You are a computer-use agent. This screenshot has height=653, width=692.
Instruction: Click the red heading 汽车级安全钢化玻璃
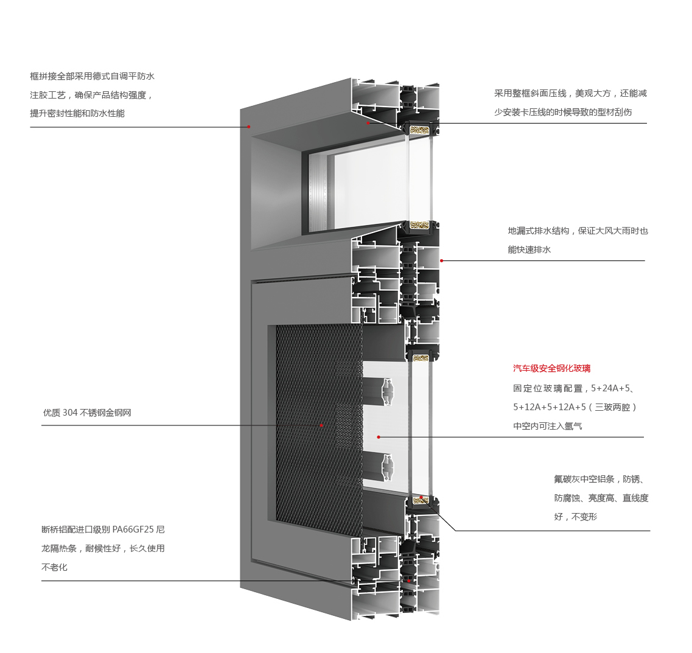[551, 368]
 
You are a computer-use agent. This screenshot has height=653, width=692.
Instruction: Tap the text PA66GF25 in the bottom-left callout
[130, 529]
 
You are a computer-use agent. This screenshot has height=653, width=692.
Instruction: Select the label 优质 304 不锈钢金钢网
[87, 413]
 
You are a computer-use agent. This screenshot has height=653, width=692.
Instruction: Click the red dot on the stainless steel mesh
[321, 425]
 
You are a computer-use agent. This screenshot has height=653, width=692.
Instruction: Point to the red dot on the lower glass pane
[379, 437]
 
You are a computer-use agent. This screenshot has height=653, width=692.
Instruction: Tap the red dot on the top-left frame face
[249, 127]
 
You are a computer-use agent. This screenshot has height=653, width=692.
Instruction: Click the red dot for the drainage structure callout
[441, 260]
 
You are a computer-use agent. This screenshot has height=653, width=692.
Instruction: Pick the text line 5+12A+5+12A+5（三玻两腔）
[575, 407]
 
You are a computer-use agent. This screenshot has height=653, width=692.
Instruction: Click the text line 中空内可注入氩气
[548, 426]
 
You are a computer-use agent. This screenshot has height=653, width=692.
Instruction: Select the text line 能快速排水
[529, 250]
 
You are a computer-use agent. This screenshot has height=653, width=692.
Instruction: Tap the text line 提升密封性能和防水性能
[77, 113]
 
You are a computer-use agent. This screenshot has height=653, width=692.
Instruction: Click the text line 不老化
[54, 567]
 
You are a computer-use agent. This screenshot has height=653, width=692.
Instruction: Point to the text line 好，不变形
[576, 517]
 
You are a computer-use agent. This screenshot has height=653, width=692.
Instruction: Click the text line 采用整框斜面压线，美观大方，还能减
[570, 93]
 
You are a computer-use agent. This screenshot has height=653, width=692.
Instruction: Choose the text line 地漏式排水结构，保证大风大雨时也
[578, 231]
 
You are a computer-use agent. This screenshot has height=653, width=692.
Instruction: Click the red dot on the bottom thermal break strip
[408, 581]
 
